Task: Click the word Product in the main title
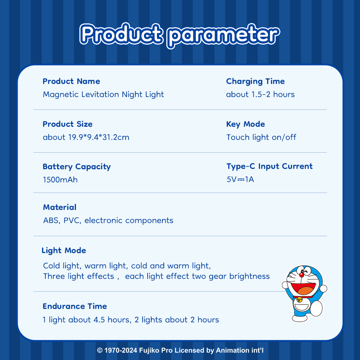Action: pyautogui.click(x=121, y=34)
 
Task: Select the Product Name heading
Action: pyautogui.click(x=71, y=81)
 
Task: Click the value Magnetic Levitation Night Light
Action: pyautogui.click(x=103, y=94)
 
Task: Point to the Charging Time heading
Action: pyautogui.click(x=255, y=81)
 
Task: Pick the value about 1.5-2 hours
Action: pyautogui.click(x=260, y=94)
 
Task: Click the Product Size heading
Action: pyautogui.click(x=68, y=124)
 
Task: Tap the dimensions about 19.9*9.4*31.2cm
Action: pyautogui.click(x=86, y=137)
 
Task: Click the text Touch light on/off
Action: pyautogui.click(x=261, y=137)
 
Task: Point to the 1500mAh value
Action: pyautogui.click(x=60, y=180)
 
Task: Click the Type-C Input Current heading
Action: pyautogui.click(x=270, y=166)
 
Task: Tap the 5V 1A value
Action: pyautogui.click(x=240, y=179)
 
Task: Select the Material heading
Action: pyautogui.click(x=60, y=207)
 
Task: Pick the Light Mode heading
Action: pyautogui.click(x=64, y=251)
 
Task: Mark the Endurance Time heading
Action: pyautogui.click(x=75, y=306)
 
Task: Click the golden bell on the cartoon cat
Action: pyautogui.click(x=300, y=300)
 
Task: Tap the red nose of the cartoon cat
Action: pyautogui.click(x=302, y=274)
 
